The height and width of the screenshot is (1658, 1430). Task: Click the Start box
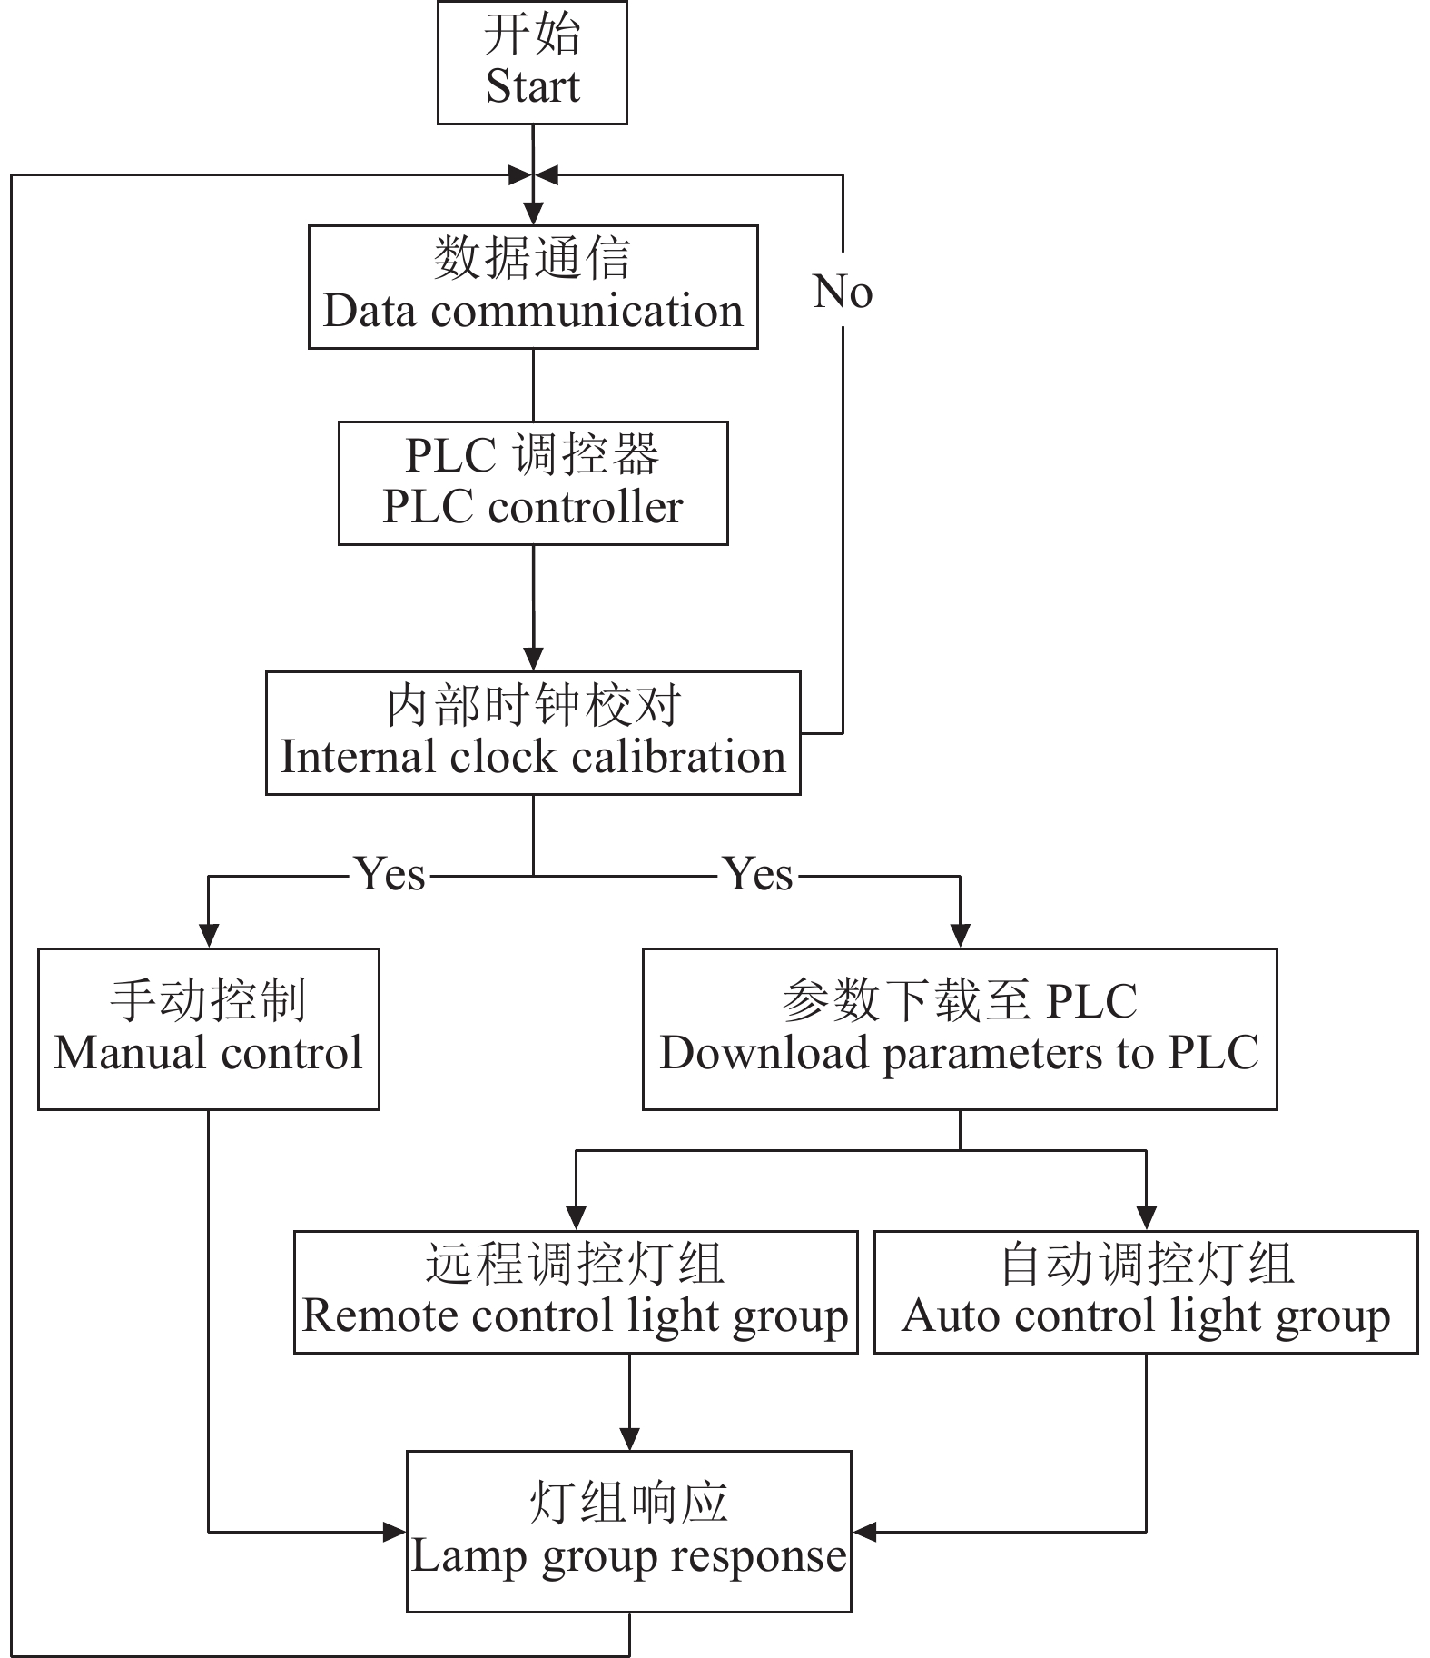click(532, 63)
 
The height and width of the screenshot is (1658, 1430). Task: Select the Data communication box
click(533, 287)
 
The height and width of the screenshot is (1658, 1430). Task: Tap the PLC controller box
click(533, 483)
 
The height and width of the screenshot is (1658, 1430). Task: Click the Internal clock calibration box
click(533, 733)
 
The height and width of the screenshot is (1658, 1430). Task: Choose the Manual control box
click(208, 1029)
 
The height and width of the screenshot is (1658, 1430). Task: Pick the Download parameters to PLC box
click(960, 1029)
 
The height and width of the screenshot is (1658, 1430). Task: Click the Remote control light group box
click(576, 1292)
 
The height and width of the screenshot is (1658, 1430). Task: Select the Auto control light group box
click(1146, 1292)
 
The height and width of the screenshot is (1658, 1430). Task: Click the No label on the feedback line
click(843, 293)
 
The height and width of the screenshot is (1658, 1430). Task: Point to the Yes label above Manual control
click(390, 875)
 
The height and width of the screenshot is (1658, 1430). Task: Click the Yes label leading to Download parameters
click(759, 875)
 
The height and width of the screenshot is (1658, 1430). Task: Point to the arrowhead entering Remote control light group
click(576, 1218)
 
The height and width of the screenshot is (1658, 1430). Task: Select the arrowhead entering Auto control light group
click(1146, 1218)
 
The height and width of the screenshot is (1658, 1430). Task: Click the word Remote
click(367, 1316)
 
